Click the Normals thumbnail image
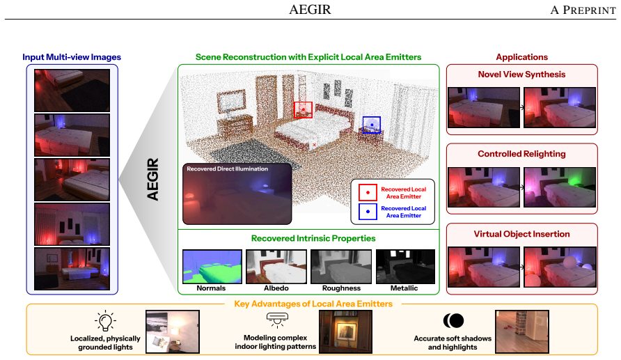tap(212, 267)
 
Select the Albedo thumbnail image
tap(276, 267)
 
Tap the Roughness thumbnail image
tap(341, 267)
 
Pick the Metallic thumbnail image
tap(405, 267)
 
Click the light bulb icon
tap(105, 321)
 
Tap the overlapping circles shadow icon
tap(453, 320)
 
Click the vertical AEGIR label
tap(153, 179)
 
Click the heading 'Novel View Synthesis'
tap(521, 75)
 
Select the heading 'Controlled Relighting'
tap(521, 154)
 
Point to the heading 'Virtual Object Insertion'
tap(521, 234)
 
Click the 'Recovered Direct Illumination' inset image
tap(237, 194)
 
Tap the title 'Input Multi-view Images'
tap(72, 57)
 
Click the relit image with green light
tap(560, 187)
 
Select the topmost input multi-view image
tap(72, 91)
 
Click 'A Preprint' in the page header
tap(583, 10)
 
